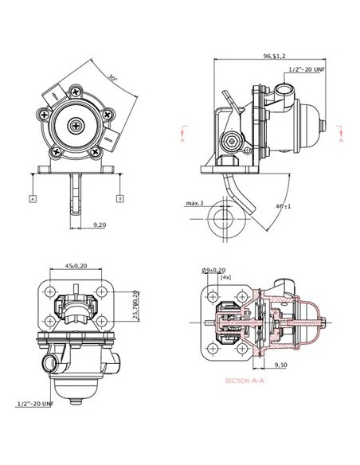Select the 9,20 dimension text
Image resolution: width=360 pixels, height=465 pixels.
point(100,226)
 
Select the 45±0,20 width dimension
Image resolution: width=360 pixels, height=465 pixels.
point(77,267)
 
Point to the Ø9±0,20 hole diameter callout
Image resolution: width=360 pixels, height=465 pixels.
point(213,270)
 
